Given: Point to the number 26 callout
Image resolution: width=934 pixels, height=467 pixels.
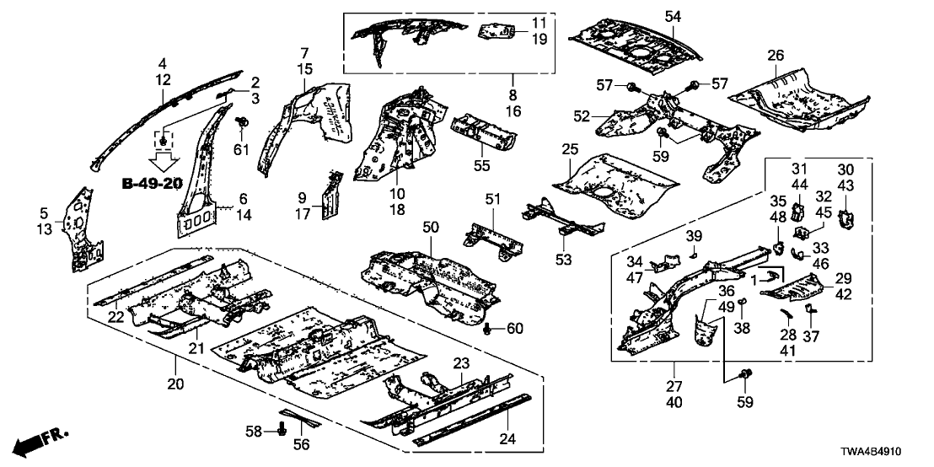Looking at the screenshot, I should tap(776, 56).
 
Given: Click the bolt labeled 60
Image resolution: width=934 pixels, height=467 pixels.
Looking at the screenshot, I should tap(491, 327).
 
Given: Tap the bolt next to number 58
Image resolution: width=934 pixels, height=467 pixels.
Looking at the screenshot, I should tap(281, 432).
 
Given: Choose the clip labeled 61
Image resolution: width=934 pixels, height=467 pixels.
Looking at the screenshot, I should tap(242, 125).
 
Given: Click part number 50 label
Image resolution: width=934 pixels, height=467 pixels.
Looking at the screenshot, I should tap(431, 228).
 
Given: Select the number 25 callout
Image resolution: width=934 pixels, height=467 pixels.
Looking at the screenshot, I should tap(570, 148).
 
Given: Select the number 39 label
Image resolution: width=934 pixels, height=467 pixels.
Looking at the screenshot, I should tap(693, 233).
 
